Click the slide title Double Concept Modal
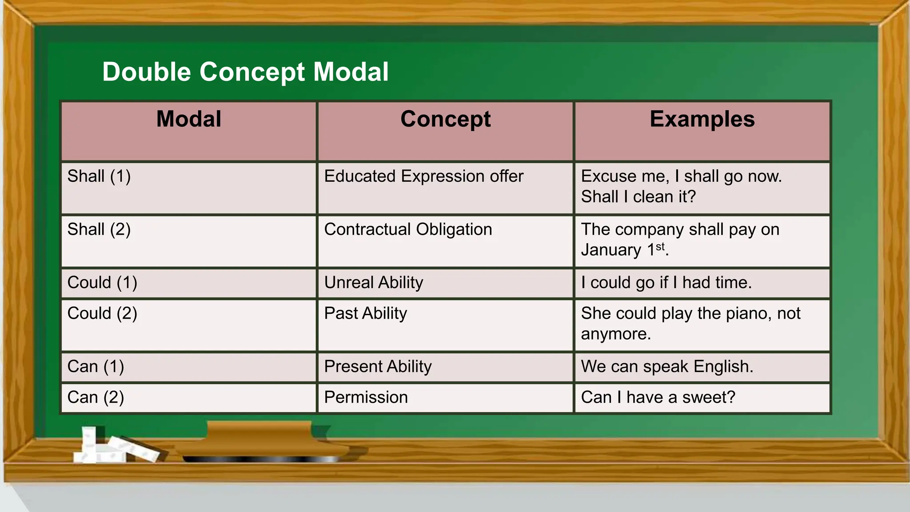(245, 72)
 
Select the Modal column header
(189, 119)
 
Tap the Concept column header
(445, 119)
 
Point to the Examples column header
(702, 119)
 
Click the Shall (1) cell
(99, 176)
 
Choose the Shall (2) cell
(99, 230)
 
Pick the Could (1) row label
(102, 283)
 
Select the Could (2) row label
(102, 313)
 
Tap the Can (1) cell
(96, 367)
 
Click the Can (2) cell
(96, 397)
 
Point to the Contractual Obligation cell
(408, 230)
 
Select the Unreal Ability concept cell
(374, 283)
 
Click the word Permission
(366, 397)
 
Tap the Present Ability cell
(378, 367)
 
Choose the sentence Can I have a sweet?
(658, 397)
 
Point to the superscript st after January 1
(660, 246)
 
